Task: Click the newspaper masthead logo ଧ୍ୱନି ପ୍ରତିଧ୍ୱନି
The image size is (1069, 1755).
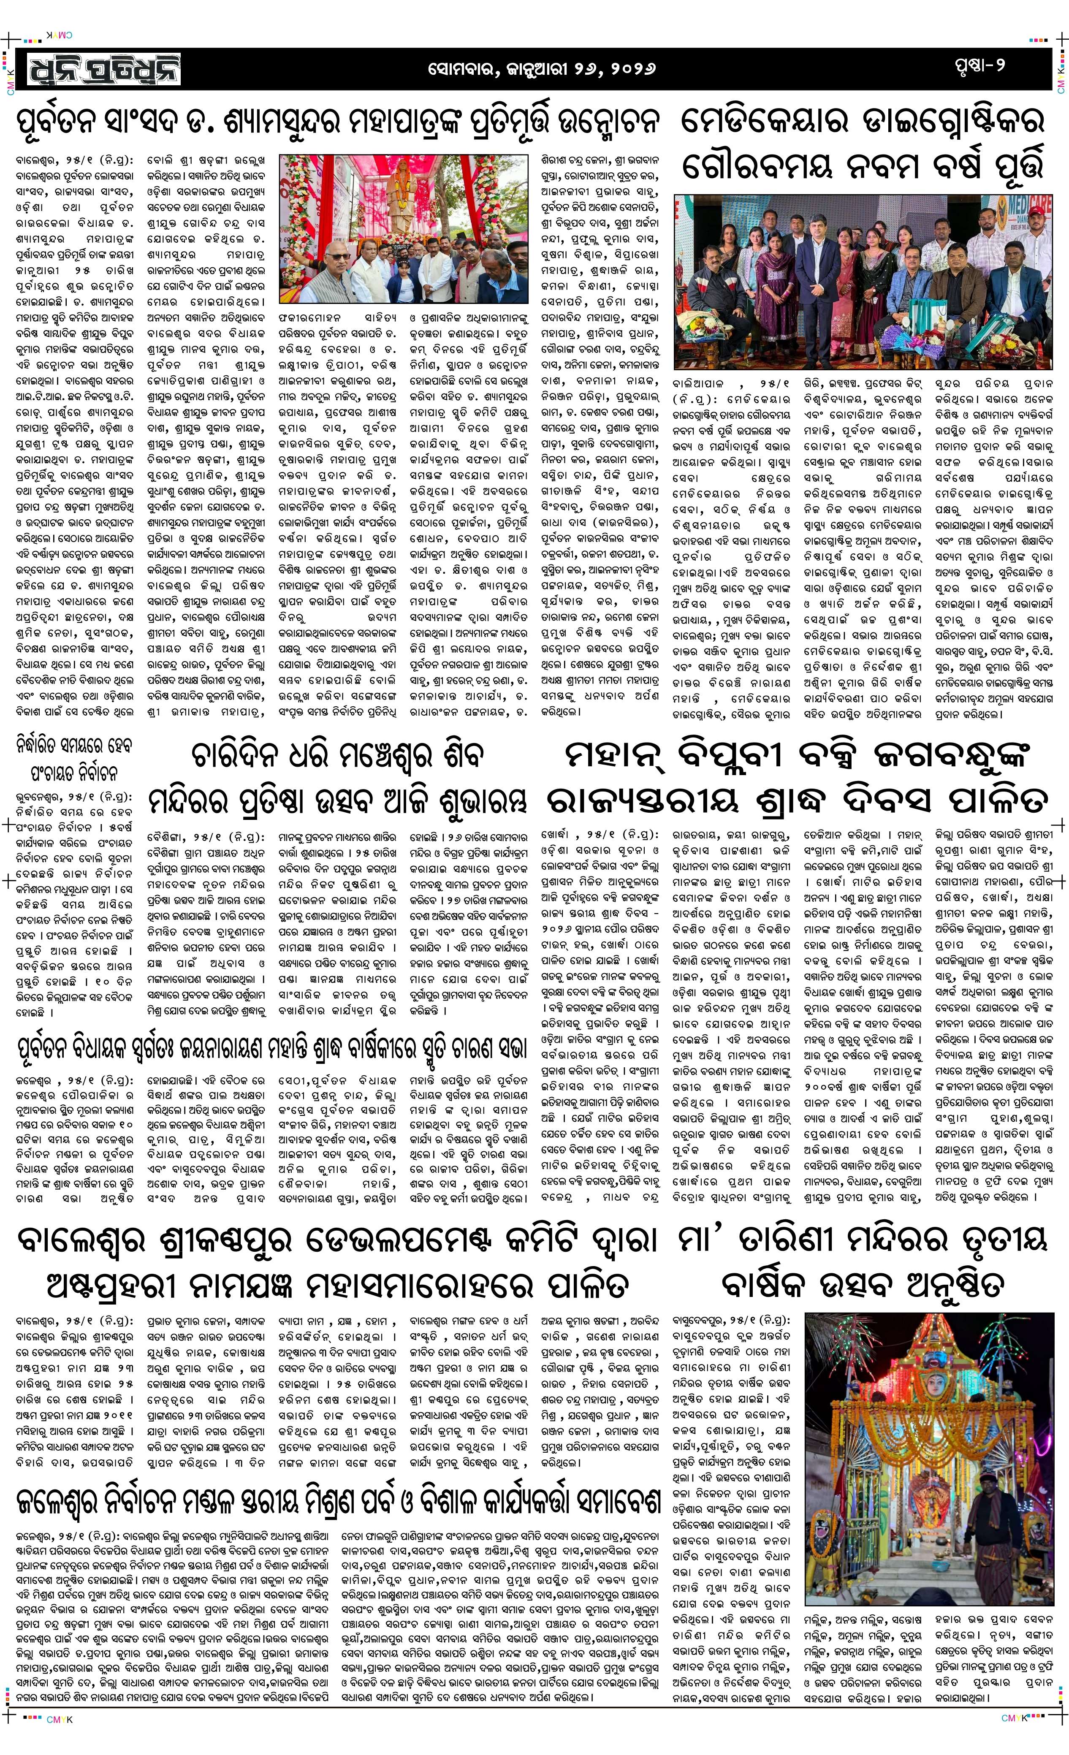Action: click(x=105, y=70)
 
